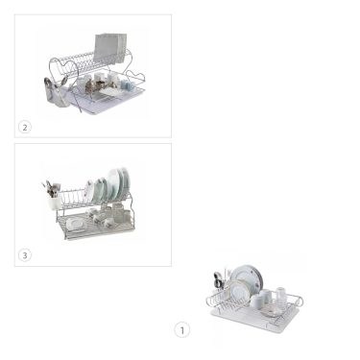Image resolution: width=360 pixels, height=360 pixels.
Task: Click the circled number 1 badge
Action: [x=182, y=330]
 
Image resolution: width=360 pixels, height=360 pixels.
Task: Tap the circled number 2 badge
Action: [x=25, y=128]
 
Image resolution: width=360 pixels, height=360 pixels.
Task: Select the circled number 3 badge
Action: [x=25, y=255]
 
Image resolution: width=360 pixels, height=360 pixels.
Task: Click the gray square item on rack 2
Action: [x=109, y=47]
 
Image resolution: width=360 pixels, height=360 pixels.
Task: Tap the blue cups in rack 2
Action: [x=127, y=85]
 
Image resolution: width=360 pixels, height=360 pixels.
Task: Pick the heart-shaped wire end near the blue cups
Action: [x=135, y=78]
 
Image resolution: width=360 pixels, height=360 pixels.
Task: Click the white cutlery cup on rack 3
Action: [x=54, y=203]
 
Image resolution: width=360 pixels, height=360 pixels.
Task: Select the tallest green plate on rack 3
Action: [x=122, y=183]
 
